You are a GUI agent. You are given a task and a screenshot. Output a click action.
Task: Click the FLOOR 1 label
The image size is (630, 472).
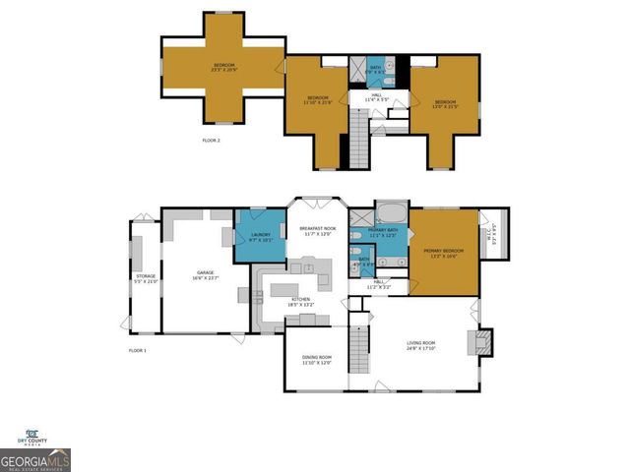(137, 350)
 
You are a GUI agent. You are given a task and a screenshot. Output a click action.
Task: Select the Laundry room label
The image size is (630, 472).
(260, 236)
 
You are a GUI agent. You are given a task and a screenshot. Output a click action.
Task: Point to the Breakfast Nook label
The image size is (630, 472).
(317, 230)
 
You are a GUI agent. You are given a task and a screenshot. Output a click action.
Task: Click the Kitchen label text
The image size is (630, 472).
(300, 300)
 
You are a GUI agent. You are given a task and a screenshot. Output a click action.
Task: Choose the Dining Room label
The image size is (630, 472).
(316, 360)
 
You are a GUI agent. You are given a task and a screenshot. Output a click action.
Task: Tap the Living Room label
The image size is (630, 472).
(422, 344)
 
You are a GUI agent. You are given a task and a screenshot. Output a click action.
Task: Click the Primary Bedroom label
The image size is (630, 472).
(443, 253)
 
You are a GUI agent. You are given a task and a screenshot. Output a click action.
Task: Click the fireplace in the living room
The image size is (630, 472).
(481, 341)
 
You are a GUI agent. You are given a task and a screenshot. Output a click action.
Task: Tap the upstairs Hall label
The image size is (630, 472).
(378, 98)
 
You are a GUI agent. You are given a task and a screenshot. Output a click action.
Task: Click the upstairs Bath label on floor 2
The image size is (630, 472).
(376, 68)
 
